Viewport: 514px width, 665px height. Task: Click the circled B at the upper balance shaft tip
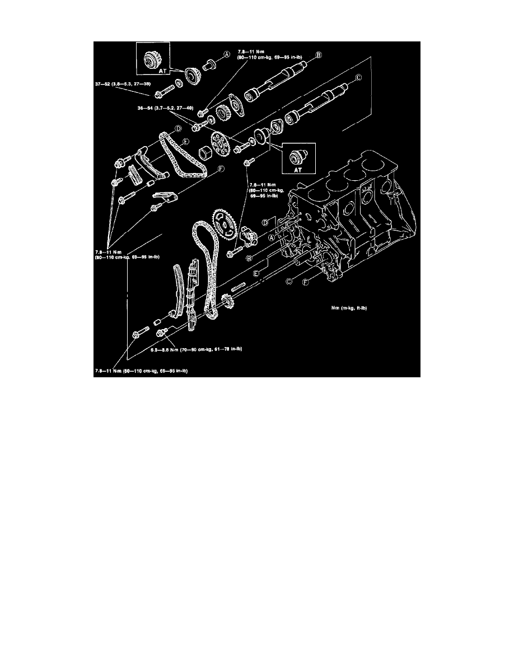318,55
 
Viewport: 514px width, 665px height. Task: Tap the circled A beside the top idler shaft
227,54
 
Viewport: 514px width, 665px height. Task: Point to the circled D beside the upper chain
177,129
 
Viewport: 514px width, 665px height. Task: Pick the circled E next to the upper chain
183,143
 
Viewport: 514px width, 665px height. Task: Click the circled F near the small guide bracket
222,167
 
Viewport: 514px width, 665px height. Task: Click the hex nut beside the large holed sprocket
205,152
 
